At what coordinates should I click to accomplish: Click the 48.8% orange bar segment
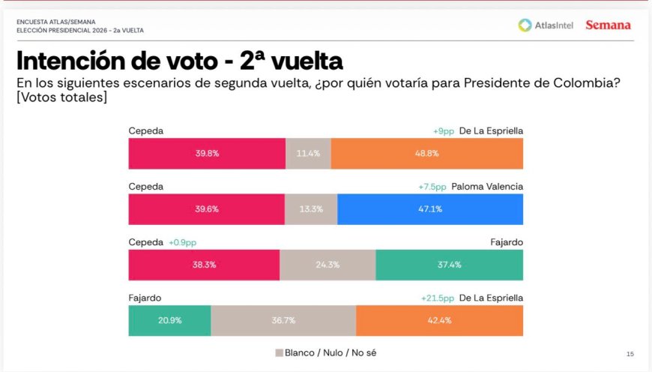[x=426, y=154]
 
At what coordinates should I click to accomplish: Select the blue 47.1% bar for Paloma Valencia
[x=430, y=209]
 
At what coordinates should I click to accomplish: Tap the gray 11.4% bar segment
[x=308, y=154]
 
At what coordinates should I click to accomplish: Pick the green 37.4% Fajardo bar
[x=449, y=265]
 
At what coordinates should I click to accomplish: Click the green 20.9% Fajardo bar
[x=169, y=320]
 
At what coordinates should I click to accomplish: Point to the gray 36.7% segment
[x=283, y=320]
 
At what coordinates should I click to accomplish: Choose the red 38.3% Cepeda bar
[x=204, y=265]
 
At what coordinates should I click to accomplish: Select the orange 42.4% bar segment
[x=439, y=320]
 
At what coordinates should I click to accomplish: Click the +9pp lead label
[x=444, y=131]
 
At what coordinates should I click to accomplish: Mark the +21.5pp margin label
[x=438, y=298]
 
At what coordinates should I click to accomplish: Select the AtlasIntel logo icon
[x=525, y=25]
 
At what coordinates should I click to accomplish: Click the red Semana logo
[x=608, y=25]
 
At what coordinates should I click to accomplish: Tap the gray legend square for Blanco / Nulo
[x=279, y=352]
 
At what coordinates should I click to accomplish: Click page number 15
[x=630, y=353]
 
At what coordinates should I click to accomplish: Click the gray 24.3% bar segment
[x=327, y=265]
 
